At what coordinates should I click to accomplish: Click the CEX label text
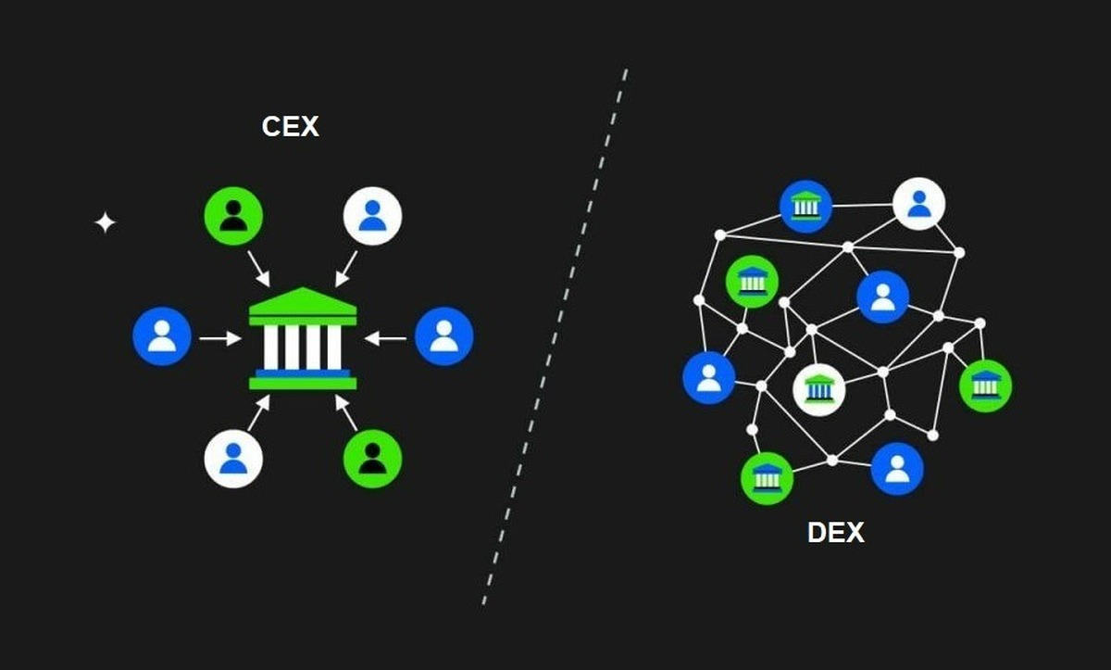click(291, 126)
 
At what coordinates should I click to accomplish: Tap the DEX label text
click(836, 533)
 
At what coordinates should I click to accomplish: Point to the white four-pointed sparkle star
click(106, 222)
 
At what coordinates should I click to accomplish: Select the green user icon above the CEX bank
click(233, 216)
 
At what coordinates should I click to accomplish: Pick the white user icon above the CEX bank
click(372, 216)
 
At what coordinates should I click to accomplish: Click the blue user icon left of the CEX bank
click(162, 336)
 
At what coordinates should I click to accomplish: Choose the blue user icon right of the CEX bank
click(444, 336)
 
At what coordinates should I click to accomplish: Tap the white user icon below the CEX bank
click(233, 458)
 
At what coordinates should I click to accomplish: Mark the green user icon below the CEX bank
click(372, 458)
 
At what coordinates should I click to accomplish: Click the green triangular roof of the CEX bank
click(303, 302)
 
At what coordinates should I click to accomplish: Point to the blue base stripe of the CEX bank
click(303, 373)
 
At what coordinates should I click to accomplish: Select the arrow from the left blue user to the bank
click(219, 339)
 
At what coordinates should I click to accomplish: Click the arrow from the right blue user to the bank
click(386, 339)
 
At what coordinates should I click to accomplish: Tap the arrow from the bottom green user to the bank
click(346, 411)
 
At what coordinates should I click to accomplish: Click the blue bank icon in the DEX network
click(805, 206)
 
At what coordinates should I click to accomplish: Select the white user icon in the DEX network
click(918, 204)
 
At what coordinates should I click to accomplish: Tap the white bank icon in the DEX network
click(819, 389)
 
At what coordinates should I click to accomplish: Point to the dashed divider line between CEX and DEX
click(555, 334)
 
